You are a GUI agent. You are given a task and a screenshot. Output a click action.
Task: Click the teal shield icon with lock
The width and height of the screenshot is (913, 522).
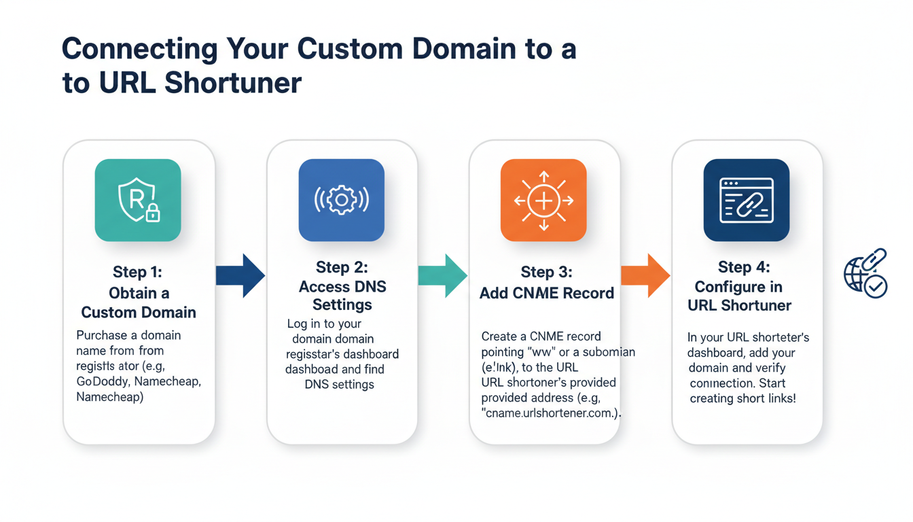click(138, 201)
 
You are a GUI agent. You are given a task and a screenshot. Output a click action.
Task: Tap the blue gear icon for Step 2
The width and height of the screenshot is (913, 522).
click(341, 201)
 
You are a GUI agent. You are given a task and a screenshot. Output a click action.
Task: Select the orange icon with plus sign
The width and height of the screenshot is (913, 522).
click(543, 201)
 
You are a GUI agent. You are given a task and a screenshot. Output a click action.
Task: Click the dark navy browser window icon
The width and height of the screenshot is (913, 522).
click(746, 201)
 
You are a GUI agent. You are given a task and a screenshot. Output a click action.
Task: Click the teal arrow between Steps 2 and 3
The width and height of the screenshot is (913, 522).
click(442, 275)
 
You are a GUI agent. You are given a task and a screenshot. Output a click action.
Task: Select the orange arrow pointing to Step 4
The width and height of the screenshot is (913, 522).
click(645, 275)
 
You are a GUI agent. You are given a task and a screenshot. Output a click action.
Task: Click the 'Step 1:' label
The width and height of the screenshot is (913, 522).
click(138, 273)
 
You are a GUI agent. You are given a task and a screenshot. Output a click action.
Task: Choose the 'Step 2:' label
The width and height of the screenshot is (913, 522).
click(342, 267)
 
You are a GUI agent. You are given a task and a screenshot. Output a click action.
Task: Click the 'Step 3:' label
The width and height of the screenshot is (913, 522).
click(546, 273)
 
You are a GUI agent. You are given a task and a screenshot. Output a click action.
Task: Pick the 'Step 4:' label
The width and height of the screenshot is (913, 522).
click(744, 267)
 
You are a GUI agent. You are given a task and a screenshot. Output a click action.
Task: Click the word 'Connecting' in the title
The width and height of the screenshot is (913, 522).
click(140, 50)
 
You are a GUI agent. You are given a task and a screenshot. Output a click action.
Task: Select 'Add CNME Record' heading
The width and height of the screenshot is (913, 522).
click(546, 293)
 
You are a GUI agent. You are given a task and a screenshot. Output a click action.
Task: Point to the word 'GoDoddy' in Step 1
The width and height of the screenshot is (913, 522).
click(103, 381)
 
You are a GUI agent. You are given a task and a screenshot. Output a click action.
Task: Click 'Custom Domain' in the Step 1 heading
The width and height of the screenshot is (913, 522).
click(138, 313)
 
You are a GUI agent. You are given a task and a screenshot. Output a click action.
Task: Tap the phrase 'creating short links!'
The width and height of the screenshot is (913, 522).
click(742, 398)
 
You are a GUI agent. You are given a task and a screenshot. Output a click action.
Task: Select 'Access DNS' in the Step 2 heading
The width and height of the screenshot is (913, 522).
click(342, 286)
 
